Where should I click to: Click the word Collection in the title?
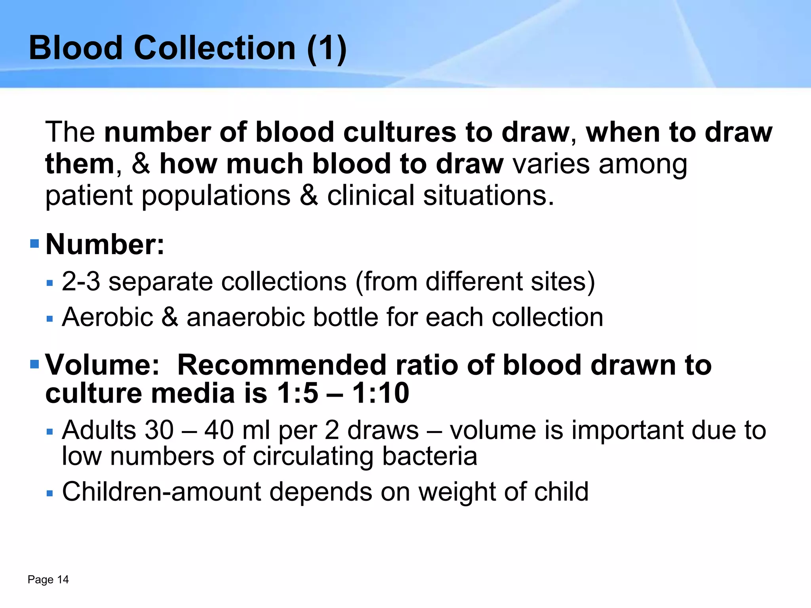pyautogui.click(x=215, y=48)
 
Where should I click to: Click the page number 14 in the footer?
pyautogui.click(x=63, y=579)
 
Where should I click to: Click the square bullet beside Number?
pyautogui.click(x=35, y=243)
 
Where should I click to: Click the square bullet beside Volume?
pyautogui.click(x=35, y=363)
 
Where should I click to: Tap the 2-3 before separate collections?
pyautogui.click(x=81, y=281)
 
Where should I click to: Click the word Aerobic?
pyautogui.click(x=107, y=317)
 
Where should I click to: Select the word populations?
pyautogui.click(x=216, y=196)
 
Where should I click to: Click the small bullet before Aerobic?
pyautogui.click(x=49, y=319)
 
